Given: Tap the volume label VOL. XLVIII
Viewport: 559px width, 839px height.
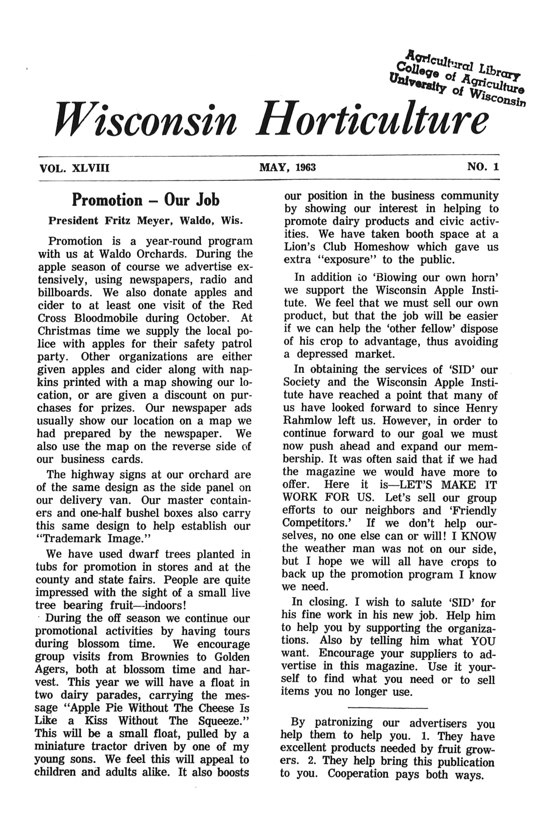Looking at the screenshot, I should click(x=75, y=168).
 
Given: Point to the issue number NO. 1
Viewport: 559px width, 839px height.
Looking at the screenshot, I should click(x=483, y=167).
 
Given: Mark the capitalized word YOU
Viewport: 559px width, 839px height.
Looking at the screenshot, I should click(x=483, y=641).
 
